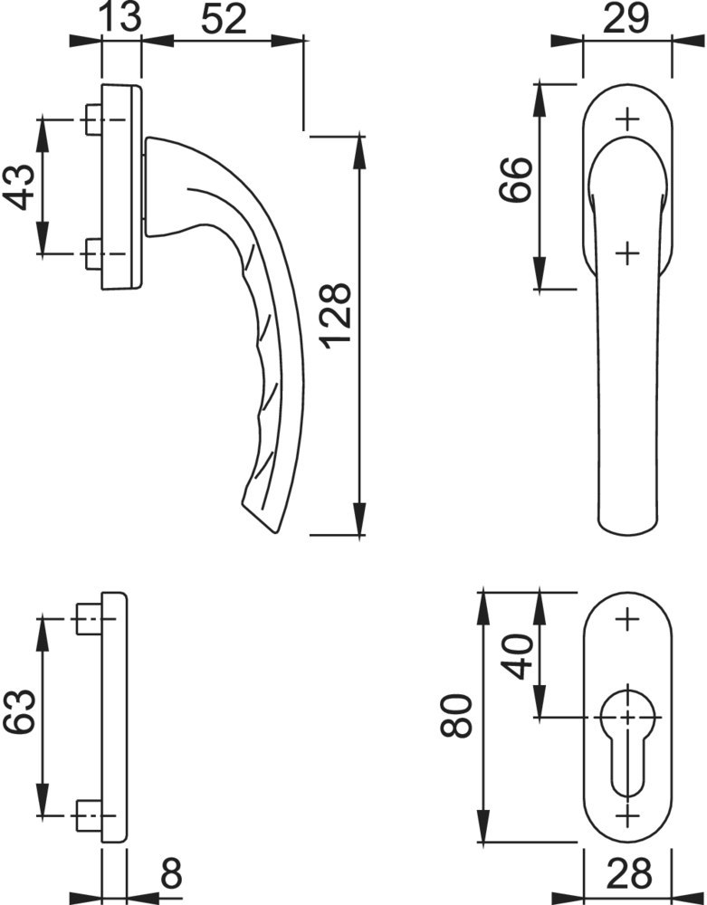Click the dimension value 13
(x=120, y=18)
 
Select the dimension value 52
(x=224, y=18)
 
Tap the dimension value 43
(x=20, y=186)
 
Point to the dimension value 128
(x=335, y=316)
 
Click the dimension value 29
(x=626, y=18)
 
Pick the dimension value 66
(x=515, y=179)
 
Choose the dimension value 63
(x=20, y=711)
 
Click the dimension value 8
(x=171, y=874)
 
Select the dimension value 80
(x=456, y=716)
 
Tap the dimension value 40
(x=518, y=657)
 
